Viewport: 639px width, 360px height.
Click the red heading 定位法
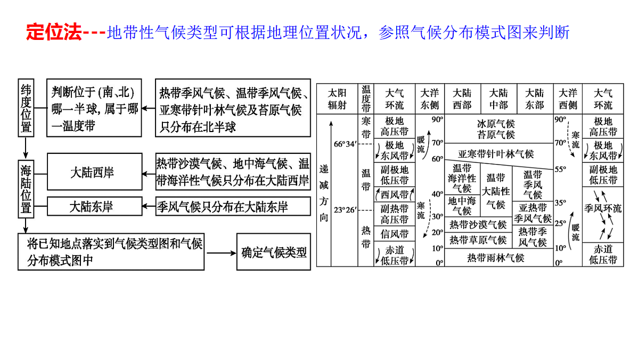tap(54, 32)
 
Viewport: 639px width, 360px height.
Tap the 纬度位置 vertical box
tap(26, 108)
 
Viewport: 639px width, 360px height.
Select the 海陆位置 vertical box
tap(26, 189)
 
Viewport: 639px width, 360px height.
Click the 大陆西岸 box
tap(94, 171)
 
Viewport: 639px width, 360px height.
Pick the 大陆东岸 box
tap(94, 206)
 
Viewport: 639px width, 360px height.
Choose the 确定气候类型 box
tap(274, 252)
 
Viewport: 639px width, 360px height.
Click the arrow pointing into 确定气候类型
tap(221, 253)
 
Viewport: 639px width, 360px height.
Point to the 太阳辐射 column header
tap(337, 99)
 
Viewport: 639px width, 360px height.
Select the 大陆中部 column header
tap(498, 99)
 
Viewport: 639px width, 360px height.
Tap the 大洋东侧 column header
tap(430, 99)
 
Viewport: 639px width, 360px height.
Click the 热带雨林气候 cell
tap(496, 258)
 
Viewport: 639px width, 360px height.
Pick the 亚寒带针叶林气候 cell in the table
tap(496, 154)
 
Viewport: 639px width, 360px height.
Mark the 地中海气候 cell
tap(462, 206)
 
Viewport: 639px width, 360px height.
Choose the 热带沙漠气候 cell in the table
tap(478, 225)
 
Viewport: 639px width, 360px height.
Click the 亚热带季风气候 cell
tap(532, 213)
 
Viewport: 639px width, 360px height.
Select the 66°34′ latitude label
tap(345, 144)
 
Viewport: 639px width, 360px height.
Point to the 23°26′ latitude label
tap(345, 210)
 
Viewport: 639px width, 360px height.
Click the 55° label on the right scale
tap(560, 169)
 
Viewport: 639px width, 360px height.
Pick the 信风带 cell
tap(395, 234)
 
